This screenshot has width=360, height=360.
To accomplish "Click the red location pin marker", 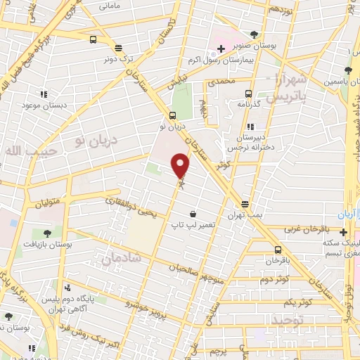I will [x=181, y=165].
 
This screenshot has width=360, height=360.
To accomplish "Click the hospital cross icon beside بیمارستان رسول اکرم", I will [x=221, y=49].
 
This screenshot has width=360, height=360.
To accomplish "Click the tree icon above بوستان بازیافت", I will [x=47, y=233].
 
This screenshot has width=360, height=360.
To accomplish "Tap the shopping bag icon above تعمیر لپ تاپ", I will [x=193, y=214].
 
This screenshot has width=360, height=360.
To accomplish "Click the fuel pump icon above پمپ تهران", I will [x=245, y=203].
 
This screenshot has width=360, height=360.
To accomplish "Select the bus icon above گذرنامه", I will [x=247, y=93].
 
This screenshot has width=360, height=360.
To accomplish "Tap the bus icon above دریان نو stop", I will [x=172, y=116].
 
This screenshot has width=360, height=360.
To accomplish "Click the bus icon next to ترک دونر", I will [x=94, y=40].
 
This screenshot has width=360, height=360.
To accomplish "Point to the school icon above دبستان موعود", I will [x=44, y=94].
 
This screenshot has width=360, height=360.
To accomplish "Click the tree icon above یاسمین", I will [x=348, y=70].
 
